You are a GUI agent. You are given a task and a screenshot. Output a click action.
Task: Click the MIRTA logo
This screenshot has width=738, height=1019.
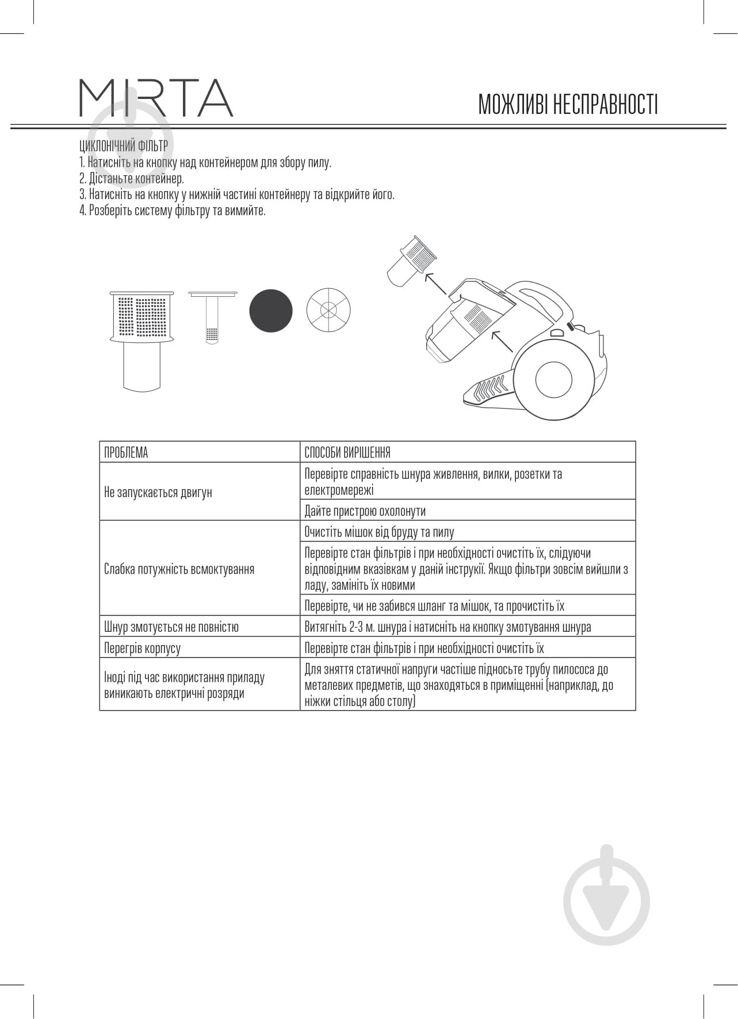point(156,98)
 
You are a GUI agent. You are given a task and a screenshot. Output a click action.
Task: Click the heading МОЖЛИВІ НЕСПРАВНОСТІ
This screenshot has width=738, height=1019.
point(568,105)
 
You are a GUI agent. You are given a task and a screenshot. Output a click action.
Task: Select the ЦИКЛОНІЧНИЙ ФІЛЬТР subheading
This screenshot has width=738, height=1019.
point(124,146)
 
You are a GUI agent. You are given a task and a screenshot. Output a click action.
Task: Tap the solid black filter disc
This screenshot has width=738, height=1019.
point(270,310)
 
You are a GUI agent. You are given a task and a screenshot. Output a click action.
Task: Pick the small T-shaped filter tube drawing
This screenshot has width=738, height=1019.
point(212,316)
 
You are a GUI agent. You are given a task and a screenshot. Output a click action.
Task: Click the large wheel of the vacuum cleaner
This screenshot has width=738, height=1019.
point(553,380)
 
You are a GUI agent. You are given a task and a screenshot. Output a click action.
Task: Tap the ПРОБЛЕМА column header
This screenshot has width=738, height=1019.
point(126,453)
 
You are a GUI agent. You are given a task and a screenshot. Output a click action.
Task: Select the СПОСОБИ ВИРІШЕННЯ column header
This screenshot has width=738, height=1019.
point(347,453)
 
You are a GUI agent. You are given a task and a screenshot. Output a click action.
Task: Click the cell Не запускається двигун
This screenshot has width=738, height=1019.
point(158,493)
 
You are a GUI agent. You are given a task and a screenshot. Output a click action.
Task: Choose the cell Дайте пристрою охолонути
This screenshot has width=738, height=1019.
point(365,511)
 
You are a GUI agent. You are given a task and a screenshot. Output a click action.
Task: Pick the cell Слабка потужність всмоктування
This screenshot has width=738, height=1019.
point(179,569)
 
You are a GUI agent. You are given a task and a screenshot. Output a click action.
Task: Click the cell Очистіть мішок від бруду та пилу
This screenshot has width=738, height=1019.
point(379,532)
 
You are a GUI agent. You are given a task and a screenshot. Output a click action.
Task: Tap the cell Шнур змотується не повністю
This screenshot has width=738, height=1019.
point(171,627)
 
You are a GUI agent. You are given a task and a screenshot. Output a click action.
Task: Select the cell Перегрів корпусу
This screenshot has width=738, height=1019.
point(142,648)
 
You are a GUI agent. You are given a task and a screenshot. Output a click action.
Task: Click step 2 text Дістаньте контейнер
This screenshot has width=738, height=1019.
point(132,178)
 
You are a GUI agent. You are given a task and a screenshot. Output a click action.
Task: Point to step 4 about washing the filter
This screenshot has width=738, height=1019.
point(173,211)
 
